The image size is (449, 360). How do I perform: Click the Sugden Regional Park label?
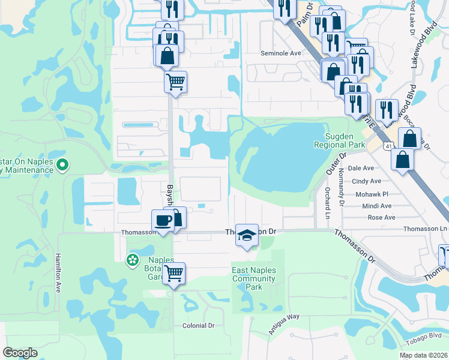[340, 140]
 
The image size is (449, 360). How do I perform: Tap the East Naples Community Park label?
[254, 278]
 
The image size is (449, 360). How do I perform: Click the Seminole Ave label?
[280, 53]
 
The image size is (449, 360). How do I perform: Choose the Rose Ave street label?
[381, 217]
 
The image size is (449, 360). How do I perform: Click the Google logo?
[20, 353]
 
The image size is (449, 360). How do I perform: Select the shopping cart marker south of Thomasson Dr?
[173, 274]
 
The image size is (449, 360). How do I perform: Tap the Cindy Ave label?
[366, 181]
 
